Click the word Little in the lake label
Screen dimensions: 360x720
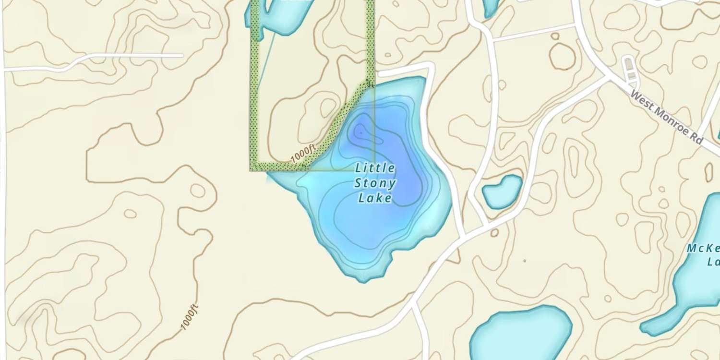pos(375,168)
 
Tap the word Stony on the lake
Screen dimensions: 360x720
pos(375,183)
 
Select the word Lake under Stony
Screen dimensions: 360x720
pos(375,198)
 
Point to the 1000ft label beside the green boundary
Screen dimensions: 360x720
pos(303,155)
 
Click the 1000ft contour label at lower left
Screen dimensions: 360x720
pos(189,317)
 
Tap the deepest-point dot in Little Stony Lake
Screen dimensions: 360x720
pos(360,132)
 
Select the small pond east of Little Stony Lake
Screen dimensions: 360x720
pos(502,192)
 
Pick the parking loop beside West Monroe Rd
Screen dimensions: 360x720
pos(629,68)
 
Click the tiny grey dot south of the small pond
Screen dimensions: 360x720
pos(525,261)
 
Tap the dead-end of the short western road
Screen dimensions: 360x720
pos(182,56)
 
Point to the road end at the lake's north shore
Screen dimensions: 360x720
pos(380,74)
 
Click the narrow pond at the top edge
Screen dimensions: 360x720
pos(491,7)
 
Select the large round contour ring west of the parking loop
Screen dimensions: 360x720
pos(562,57)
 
